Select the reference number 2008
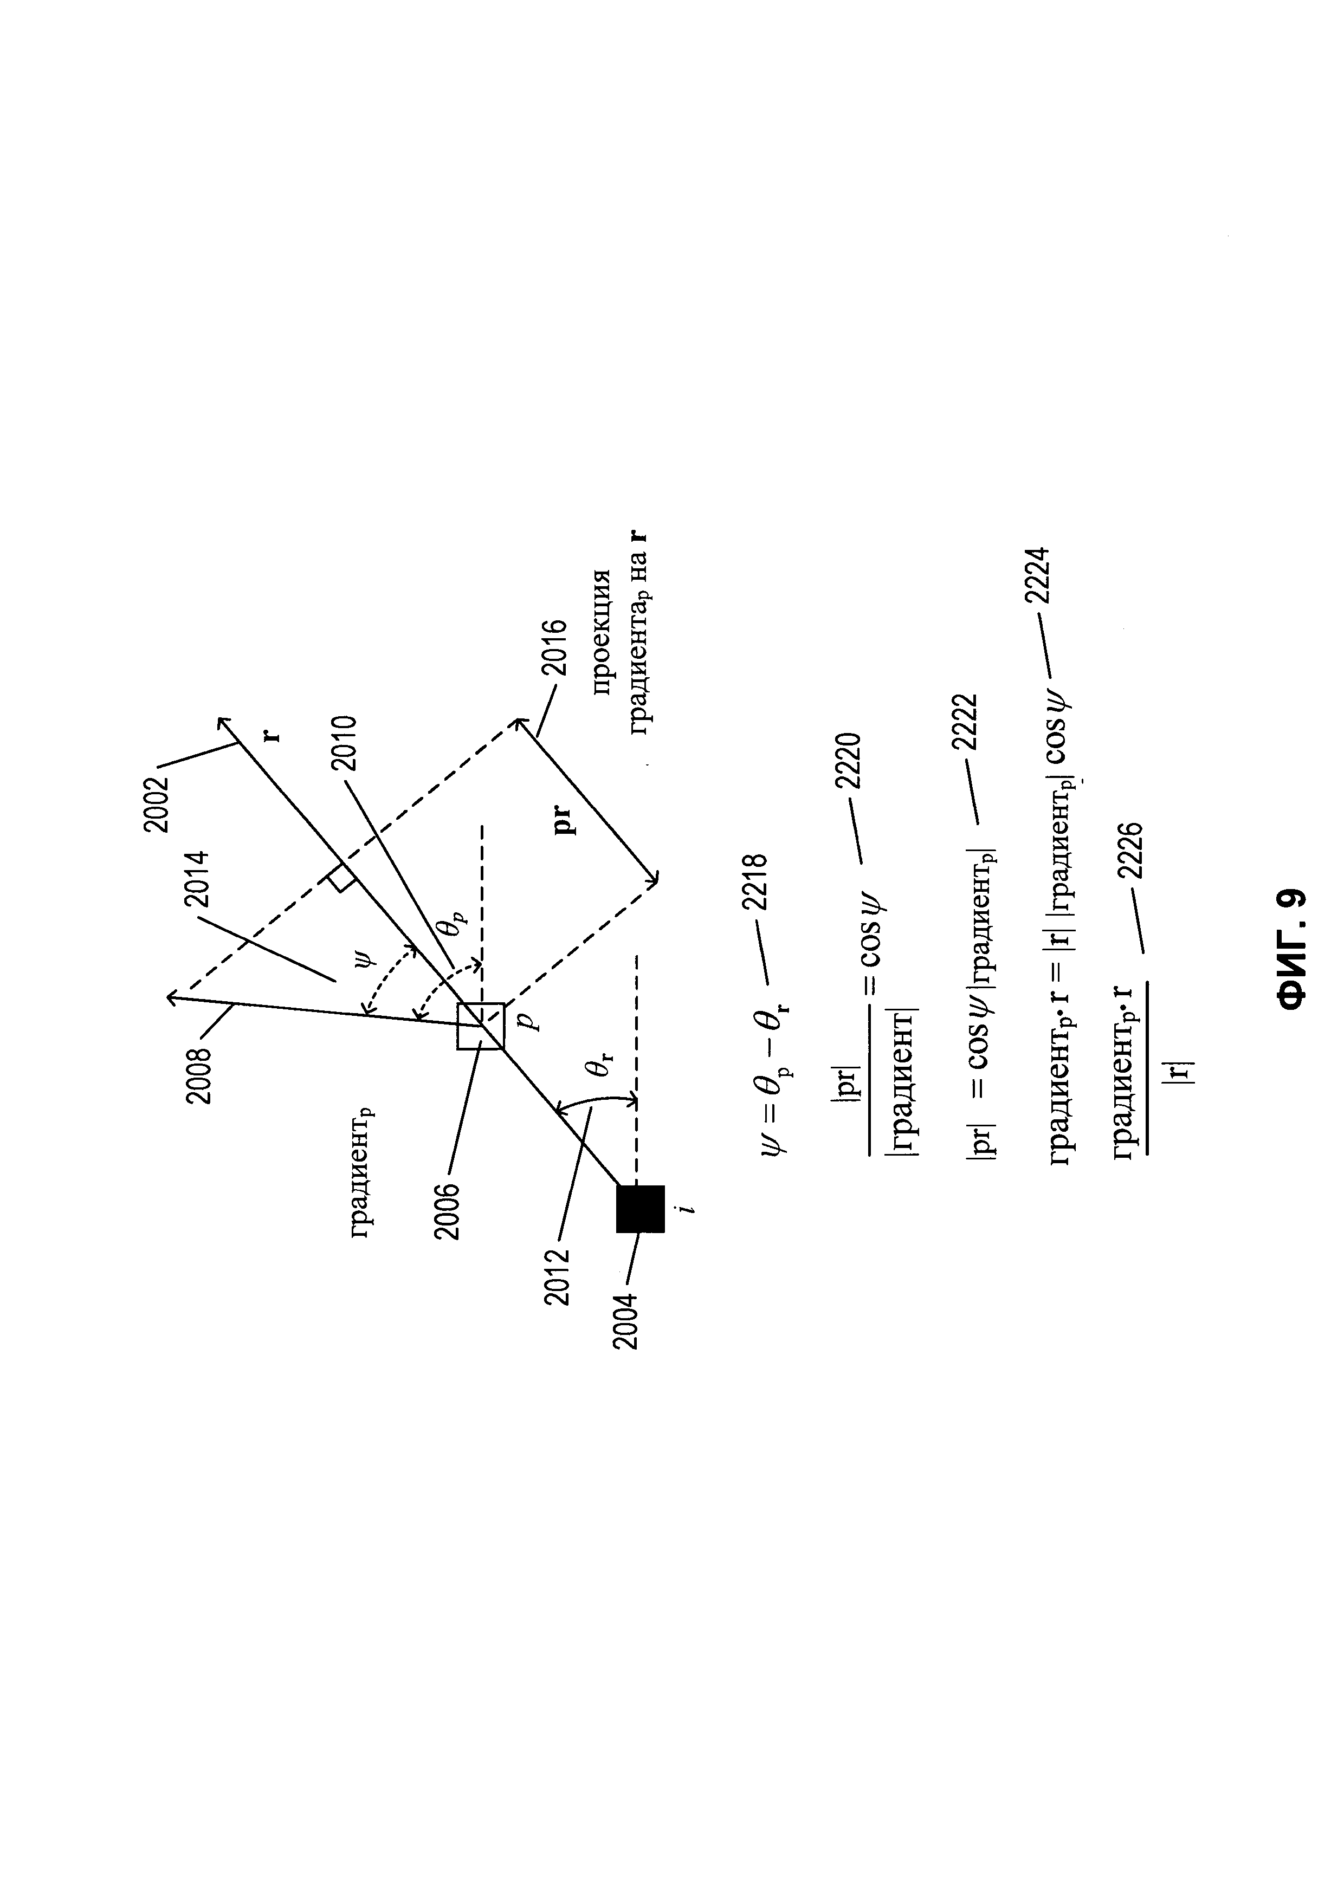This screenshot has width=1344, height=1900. pyautogui.click(x=199, y=1076)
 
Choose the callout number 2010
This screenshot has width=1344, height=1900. pyautogui.click(x=343, y=743)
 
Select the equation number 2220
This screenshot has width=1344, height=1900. pyautogui.click(x=849, y=761)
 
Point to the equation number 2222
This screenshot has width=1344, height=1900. pyautogui.click(x=965, y=722)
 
